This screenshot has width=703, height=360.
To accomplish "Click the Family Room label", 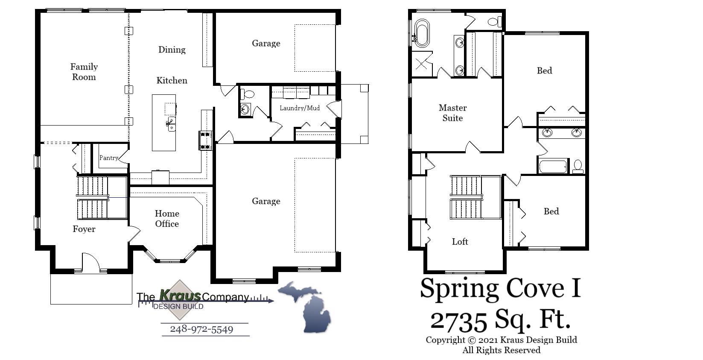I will [x=84, y=72].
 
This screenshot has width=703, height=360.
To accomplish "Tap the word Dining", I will [x=172, y=50].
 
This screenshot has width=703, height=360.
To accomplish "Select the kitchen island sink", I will [x=171, y=123].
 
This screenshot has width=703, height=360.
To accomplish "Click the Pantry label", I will [x=108, y=158].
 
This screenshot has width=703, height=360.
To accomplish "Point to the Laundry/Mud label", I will [x=299, y=108].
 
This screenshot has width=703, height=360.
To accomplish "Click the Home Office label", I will [x=167, y=219].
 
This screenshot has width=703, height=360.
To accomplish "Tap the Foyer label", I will [x=84, y=229].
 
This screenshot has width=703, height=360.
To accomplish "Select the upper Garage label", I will [x=265, y=43].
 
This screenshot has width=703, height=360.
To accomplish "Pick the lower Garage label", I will [x=265, y=201].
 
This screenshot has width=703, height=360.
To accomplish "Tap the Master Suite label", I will [x=452, y=113].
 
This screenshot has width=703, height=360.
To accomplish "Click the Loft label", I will [x=460, y=242].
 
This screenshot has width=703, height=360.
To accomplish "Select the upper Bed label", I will [x=544, y=71].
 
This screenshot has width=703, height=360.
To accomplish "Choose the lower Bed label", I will [x=551, y=211].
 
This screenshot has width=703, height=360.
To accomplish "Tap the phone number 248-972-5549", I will [x=201, y=329].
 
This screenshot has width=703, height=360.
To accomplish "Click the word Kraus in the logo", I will [x=180, y=295].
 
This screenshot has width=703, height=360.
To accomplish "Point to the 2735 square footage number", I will [x=458, y=321].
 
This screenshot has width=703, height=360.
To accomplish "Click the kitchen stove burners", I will [x=205, y=140].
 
